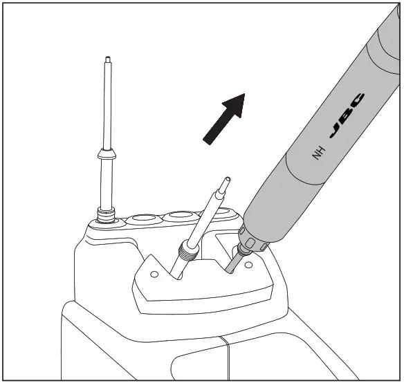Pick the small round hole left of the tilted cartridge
(x=154, y=274)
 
